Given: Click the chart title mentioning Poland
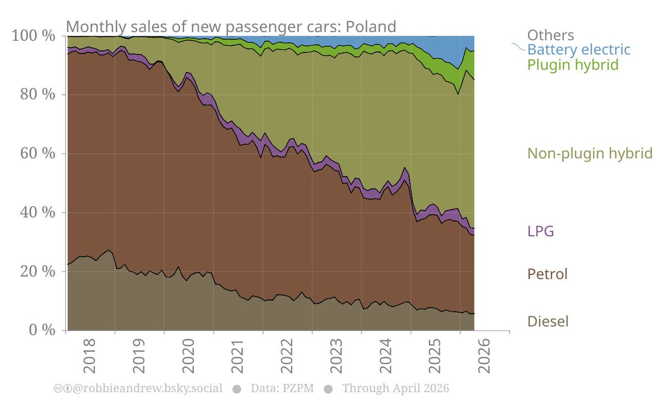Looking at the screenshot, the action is point(231,27).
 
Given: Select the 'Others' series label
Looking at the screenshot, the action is point(551,35).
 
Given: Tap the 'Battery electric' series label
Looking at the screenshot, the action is point(579,50).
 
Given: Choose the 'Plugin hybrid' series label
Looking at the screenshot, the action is point(573,65).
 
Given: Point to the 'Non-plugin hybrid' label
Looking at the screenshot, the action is point(590,154).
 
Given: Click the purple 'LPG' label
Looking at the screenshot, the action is point(541,231).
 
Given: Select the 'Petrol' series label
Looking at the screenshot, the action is point(547,274).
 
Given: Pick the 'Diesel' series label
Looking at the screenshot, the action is point(548,322).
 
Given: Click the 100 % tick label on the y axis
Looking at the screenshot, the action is point(33,36).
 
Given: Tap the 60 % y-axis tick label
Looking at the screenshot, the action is point(38,154).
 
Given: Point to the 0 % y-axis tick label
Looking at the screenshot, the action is point(42,330).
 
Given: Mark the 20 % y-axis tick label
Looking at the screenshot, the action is point(38,271).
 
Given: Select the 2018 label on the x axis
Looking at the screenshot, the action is point(90,356).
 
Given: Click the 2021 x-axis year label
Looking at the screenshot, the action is point(237,356).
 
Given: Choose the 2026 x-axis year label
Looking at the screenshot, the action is point(484,356).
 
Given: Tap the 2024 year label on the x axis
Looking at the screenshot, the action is point(386,356).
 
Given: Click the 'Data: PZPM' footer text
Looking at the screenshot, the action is point(282,388).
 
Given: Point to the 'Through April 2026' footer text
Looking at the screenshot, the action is point(396,388).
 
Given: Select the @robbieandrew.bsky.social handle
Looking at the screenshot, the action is point(147,388).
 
